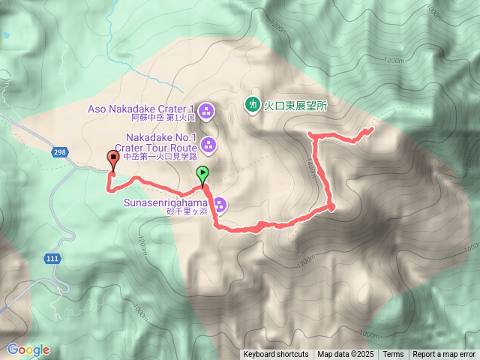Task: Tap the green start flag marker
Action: pyautogui.click(x=203, y=175)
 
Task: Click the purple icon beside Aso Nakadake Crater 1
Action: pyautogui.click(x=208, y=112)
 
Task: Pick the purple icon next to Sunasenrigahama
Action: pyautogui.click(x=220, y=204)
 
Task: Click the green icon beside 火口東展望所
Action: pyautogui.click(x=252, y=106)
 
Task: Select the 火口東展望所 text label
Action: pyautogui.click(x=296, y=106)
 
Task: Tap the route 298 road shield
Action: pyautogui.click(x=58, y=153)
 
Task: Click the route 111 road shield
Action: pyautogui.click(x=52, y=258)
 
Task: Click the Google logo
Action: pyautogui.click(x=28, y=349)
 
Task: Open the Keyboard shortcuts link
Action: pyautogui.click(x=275, y=355)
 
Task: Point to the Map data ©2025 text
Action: pyautogui.click(x=345, y=355)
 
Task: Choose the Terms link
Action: pyautogui.click(x=393, y=355)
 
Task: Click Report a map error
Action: pyautogui.click(x=444, y=355)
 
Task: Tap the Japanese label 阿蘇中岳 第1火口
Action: pyautogui.click(x=153, y=118)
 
